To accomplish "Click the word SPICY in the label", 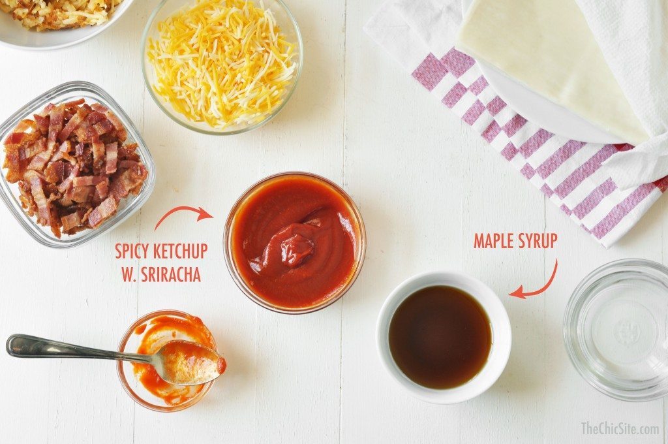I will click(132, 251).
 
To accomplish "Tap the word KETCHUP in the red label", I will click(179, 251).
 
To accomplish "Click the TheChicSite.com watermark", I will click(620, 428).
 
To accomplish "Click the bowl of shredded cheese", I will click(222, 63).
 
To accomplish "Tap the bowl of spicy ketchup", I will click(294, 242).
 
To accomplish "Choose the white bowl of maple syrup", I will click(443, 337).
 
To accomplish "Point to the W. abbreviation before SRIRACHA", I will click(129, 274).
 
